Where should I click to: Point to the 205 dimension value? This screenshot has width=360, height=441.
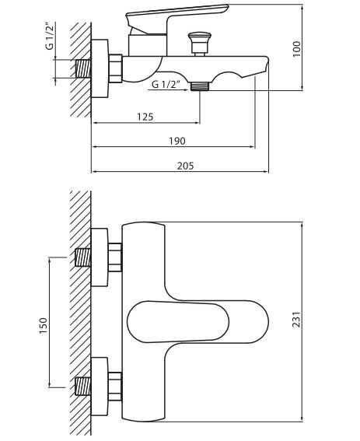(x=183, y=165)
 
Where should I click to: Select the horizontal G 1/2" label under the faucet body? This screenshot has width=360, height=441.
(x=166, y=84)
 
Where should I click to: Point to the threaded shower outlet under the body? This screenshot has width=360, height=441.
(x=201, y=85)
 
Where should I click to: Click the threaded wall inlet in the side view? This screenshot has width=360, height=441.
(x=82, y=68)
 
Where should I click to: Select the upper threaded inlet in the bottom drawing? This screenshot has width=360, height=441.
(x=82, y=257)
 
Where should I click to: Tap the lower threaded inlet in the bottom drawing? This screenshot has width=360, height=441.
(x=82, y=384)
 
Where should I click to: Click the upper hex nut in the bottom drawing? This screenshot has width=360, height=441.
(x=115, y=257)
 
